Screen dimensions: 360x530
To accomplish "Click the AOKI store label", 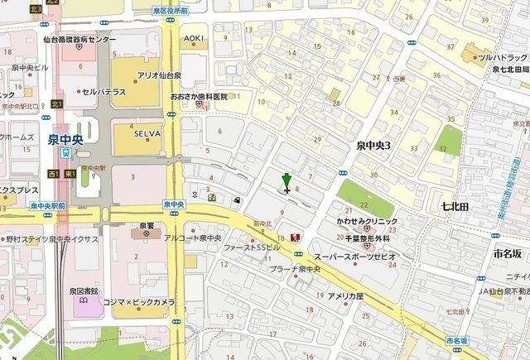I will pyautogui.click(x=194, y=39).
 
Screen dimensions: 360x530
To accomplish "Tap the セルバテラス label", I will pyautogui.click(x=104, y=91).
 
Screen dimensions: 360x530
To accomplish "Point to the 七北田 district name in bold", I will pyautogui.click(x=455, y=203).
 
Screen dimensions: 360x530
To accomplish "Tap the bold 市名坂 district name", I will pyautogui.click(x=505, y=254).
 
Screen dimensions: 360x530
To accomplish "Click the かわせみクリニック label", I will pyautogui.click(x=366, y=221).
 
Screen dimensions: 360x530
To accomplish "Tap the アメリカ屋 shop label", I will pyautogui.click(x=344, y=295).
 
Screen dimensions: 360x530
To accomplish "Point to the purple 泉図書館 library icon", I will pyautogui.click(x=84, y=303).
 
